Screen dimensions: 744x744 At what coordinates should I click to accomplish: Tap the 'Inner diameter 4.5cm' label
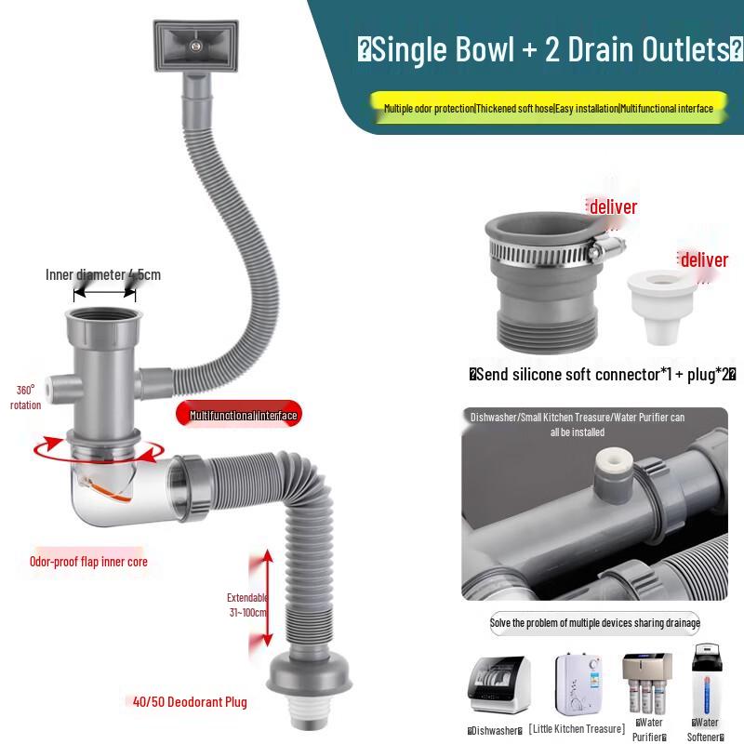103,274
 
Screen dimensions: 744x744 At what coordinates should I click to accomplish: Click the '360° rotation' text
25,397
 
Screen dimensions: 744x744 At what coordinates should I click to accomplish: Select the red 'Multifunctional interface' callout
243,416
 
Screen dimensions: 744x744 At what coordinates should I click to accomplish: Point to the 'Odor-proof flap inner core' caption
88,562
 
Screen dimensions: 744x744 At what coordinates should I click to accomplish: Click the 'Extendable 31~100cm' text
246,604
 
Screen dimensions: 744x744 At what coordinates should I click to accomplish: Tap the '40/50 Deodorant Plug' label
189,702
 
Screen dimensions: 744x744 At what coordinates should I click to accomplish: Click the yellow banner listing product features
548,109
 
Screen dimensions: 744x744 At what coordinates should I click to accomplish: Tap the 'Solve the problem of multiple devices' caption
595,623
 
